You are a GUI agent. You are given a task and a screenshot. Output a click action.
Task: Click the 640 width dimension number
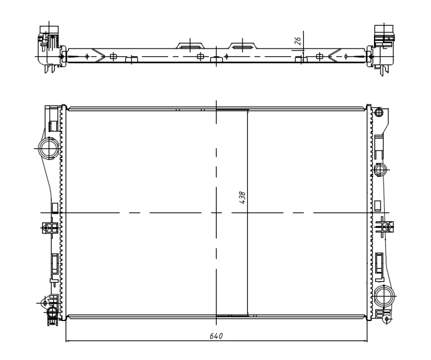216,336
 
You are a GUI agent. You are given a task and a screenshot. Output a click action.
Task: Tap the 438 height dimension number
242,197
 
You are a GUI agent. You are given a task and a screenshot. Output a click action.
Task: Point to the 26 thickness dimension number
298,41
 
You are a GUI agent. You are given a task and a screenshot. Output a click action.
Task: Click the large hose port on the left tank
49,148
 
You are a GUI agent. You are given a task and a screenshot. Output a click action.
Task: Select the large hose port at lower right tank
384,296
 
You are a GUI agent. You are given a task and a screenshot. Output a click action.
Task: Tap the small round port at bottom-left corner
52,311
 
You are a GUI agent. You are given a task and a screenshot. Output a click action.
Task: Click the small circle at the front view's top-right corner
379,112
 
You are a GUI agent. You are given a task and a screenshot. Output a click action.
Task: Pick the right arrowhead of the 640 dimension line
365,341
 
